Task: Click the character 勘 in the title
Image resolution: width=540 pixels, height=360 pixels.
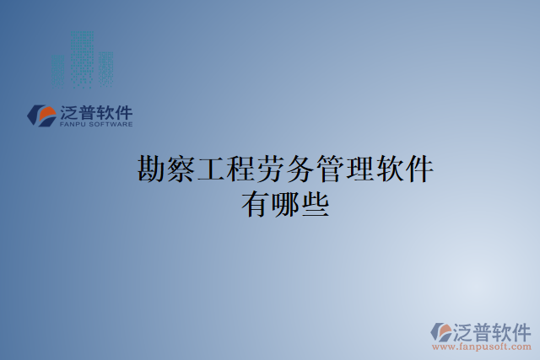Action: tap(151, 169)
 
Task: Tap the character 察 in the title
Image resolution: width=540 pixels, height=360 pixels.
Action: tap(181, 169)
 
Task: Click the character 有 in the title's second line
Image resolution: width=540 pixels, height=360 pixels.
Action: tap(256, 204)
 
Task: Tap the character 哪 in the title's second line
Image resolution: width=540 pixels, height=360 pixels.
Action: tap(285, 204)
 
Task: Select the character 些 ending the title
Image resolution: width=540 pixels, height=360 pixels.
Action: tap(316, 204)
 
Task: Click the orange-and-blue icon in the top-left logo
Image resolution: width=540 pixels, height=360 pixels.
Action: tap(41, 116)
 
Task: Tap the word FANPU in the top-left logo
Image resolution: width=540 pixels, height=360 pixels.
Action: tap(74, 125)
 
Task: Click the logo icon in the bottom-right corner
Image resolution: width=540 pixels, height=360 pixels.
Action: tap(442, 331)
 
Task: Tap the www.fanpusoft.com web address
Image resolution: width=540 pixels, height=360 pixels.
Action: tap(482, 347)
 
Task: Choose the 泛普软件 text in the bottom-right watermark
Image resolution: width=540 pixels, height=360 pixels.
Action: tap(494, 330)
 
